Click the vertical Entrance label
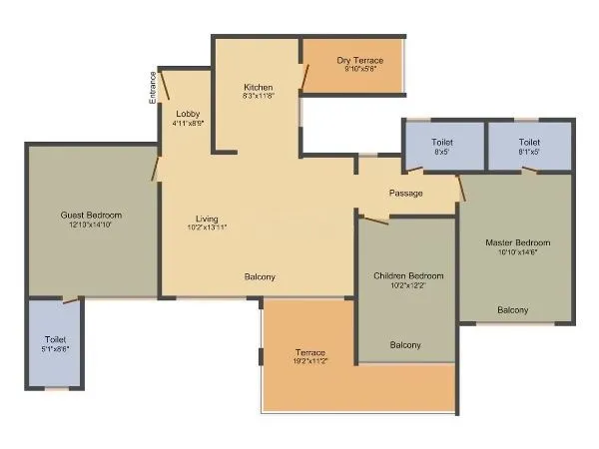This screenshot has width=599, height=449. click(153, 88)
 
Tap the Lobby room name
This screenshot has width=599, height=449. click(188, 113)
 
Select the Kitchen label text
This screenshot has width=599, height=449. click(258, 88)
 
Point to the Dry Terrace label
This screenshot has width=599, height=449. click(360, 61)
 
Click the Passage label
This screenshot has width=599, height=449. click(405, 193)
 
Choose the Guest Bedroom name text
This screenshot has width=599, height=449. click(91, 216)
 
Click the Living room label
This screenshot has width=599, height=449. click(207, 219)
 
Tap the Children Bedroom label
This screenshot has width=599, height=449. click(408, 275)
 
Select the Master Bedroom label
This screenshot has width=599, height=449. click(517, 242)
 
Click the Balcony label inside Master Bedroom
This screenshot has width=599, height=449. click(513, 309)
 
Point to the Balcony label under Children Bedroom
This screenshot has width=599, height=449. click(404, 345)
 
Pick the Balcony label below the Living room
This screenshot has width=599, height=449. click(260, 276)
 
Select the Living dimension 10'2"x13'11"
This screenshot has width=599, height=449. click(207, 228)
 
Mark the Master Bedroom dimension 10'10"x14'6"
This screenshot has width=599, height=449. click(517, 253)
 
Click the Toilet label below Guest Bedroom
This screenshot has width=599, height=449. click(55, 339)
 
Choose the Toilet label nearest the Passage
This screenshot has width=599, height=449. click(442, 143)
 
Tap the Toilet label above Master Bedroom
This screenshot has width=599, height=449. click(529, 143)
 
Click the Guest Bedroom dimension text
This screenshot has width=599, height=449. click(91, 225)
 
